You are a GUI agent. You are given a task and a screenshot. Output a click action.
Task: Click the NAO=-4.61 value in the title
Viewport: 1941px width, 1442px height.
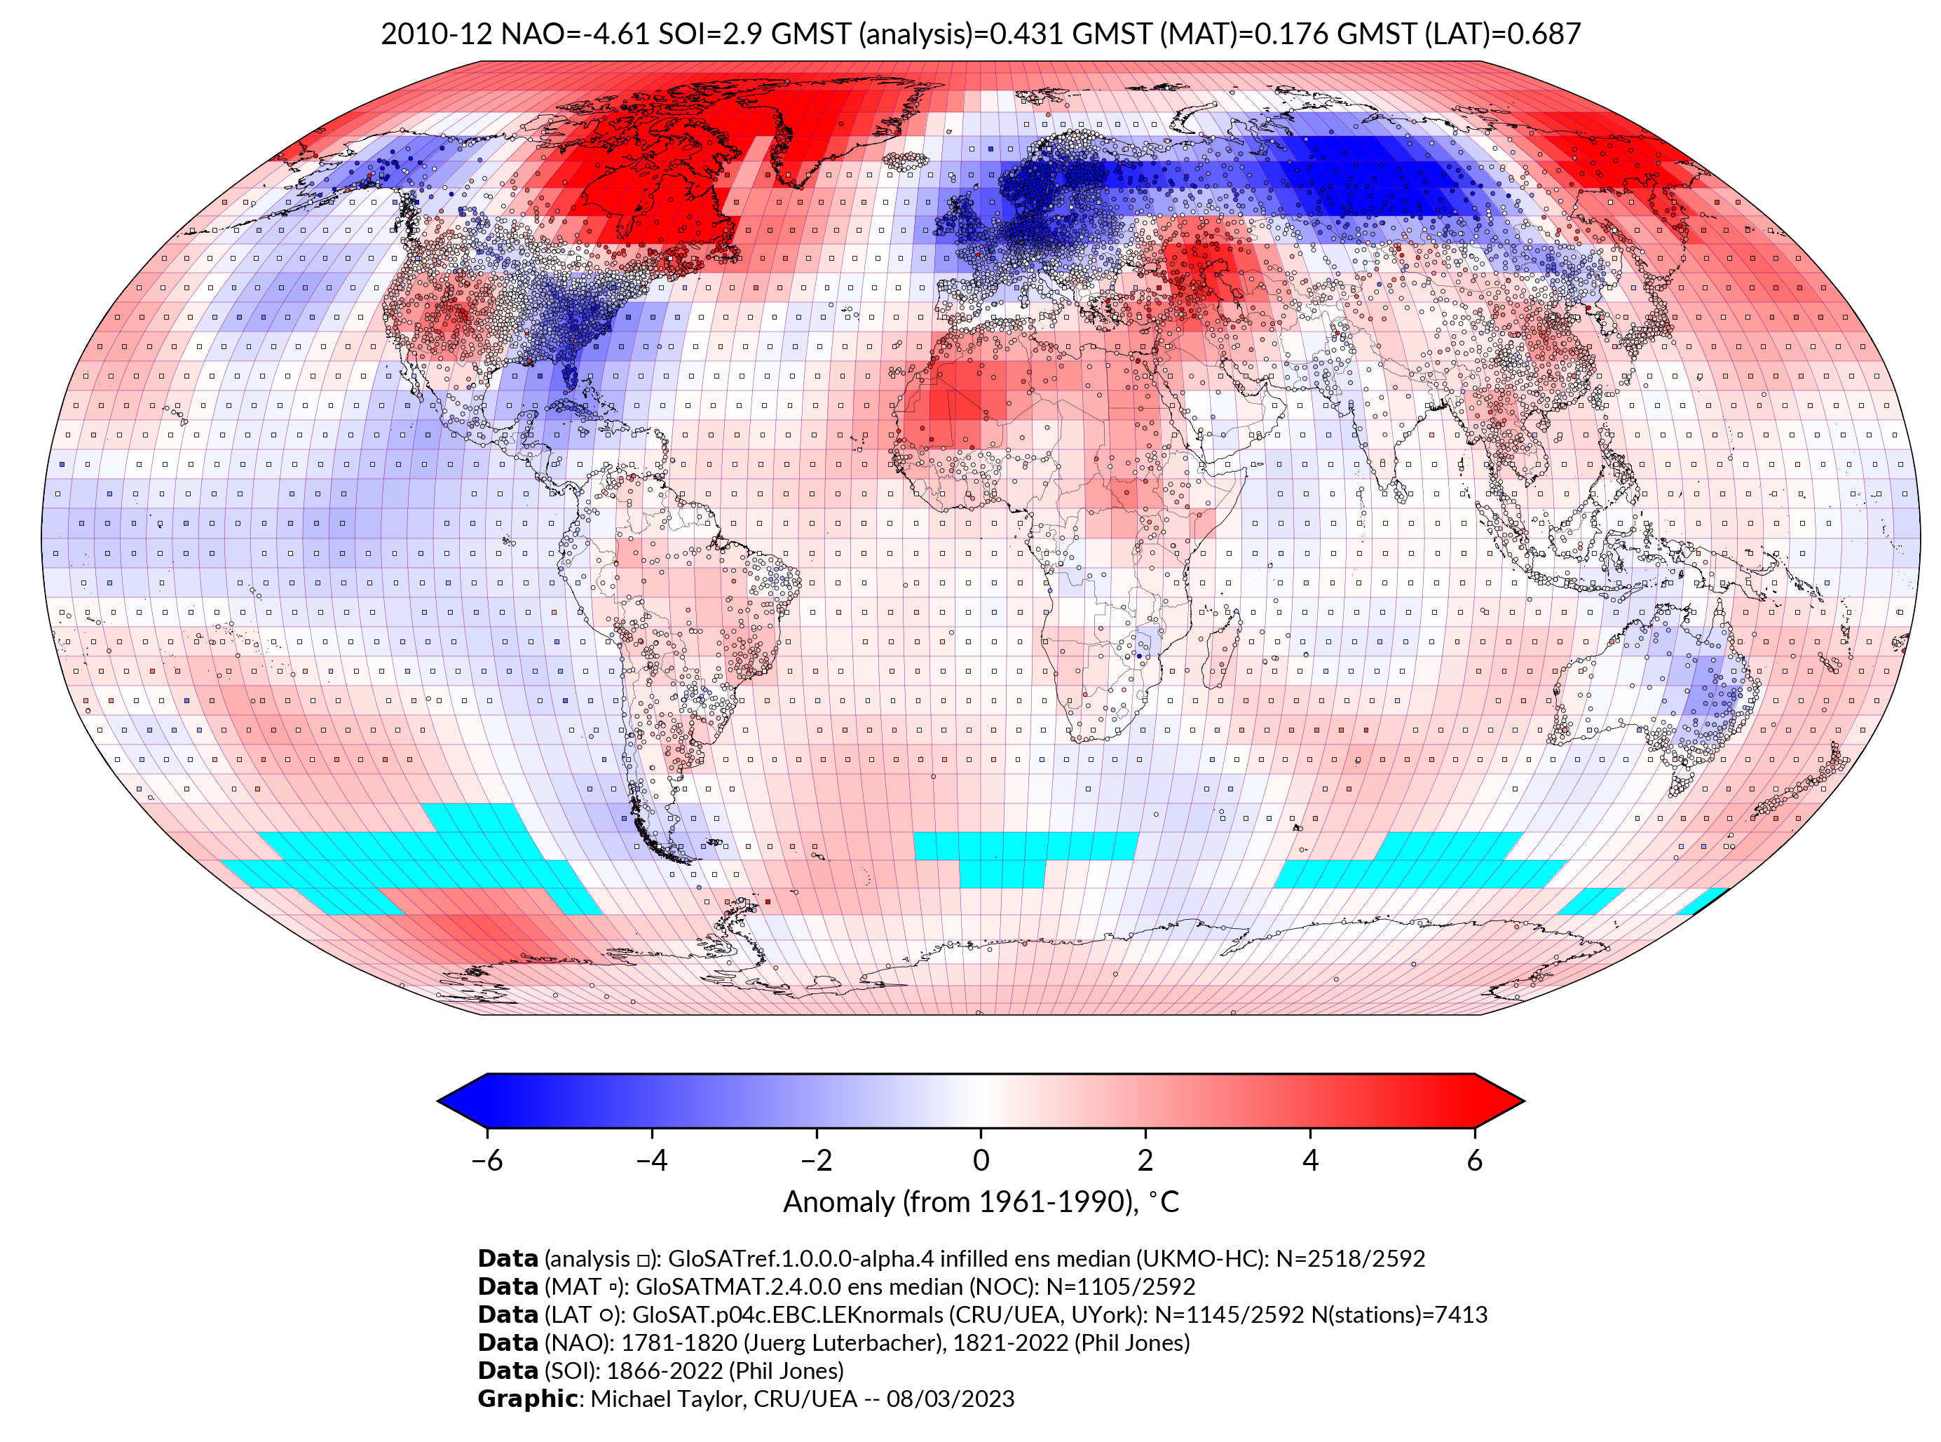coord(574,34)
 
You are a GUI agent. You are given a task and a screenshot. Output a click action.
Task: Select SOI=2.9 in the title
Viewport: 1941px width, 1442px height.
coord(710,34)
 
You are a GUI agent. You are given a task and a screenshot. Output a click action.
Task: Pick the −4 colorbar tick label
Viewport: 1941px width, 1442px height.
coord(651,1160)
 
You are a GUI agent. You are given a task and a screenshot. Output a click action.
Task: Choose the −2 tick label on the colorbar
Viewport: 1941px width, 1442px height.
coord(816,1160)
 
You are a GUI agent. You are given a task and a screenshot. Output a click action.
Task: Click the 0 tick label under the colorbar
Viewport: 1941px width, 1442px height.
coord(981,1160)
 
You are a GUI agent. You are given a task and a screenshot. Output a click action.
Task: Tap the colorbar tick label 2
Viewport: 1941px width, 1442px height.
coord(1145,1160)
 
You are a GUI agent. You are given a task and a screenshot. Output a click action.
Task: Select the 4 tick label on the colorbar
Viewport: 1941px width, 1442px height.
coord(1310,1160)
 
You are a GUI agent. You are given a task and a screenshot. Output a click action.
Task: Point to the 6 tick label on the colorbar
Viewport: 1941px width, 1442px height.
coord(1475,1160)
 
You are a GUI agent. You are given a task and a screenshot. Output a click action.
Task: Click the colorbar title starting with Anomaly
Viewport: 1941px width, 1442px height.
coord(981,1202)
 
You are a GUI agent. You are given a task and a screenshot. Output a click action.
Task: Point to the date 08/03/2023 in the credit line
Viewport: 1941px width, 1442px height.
coord(951,1399)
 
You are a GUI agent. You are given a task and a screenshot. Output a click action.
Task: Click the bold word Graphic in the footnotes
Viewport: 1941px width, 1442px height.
coord(527,1399)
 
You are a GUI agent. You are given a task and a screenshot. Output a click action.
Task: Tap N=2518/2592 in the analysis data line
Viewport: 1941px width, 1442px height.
coord(1350,1259)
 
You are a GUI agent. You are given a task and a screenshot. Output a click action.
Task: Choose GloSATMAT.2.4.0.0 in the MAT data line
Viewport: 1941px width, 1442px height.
coord(738,1286)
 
